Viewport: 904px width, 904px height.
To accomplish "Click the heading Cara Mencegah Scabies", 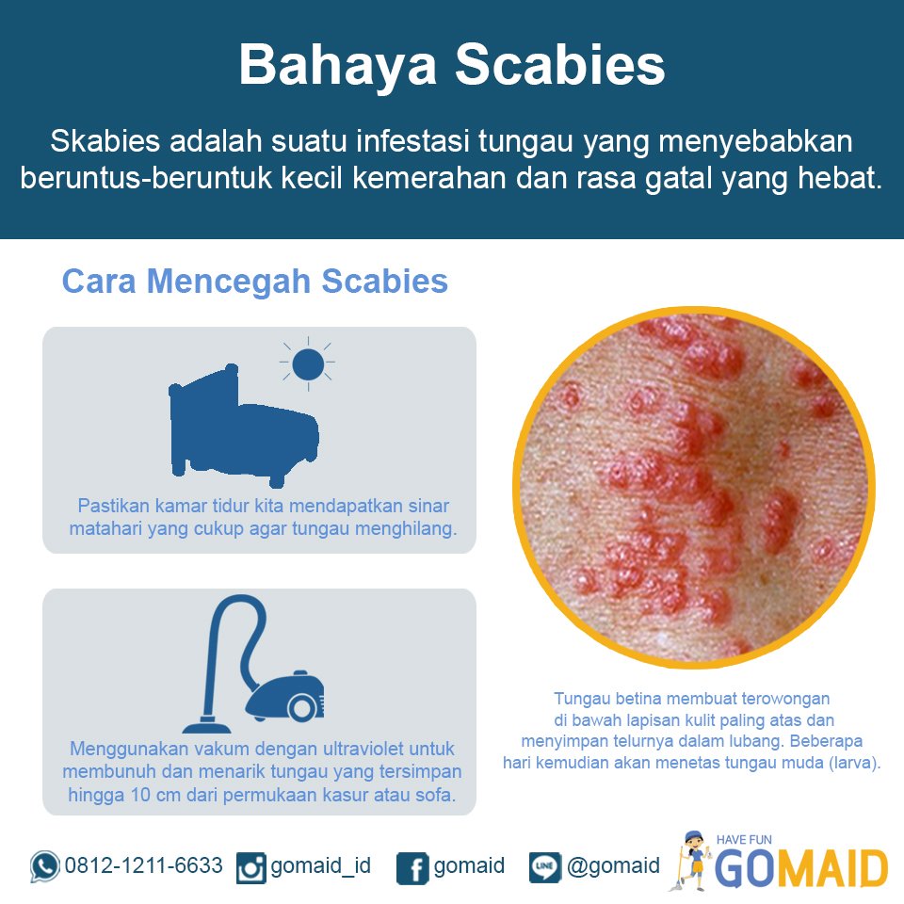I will pos(254,281).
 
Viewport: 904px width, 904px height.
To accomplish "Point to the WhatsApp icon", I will pos(44,866).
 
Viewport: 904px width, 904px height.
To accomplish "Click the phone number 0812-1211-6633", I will pos(143,865).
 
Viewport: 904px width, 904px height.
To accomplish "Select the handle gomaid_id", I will pos(320,865).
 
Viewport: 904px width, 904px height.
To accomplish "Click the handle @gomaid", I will pos(613,865).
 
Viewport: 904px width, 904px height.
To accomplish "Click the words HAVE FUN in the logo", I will pos(744,839).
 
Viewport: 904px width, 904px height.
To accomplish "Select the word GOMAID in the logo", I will pos(801,868).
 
